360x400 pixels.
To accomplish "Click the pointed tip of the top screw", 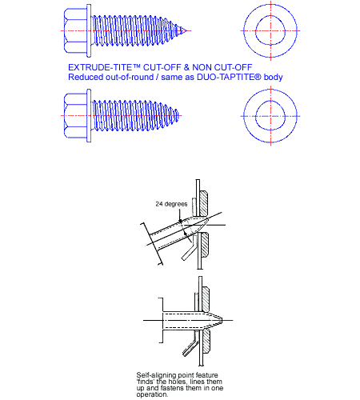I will click(190, 32).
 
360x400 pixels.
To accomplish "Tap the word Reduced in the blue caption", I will click(86, 77).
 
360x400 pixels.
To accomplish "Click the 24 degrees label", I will click(171, 204).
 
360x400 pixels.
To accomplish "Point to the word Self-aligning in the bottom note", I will click(154, 374).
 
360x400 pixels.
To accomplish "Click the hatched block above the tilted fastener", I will click(204, 198).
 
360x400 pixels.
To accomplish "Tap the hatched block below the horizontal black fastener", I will click(206, 343).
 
